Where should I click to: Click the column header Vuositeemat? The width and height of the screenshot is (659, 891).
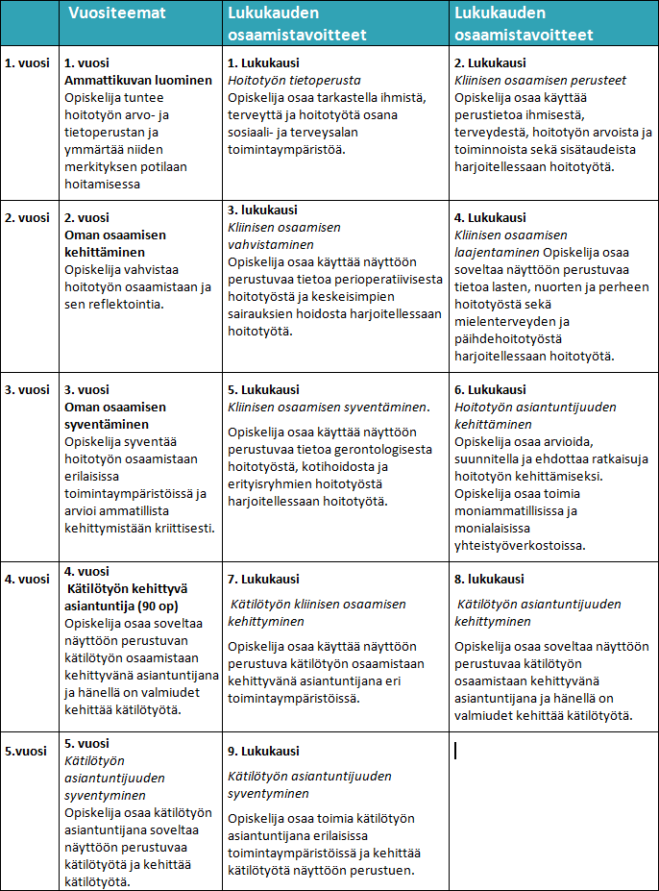point(116,14)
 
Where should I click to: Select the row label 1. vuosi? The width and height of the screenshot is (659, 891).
point(28,63)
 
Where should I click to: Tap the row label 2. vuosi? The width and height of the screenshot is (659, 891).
point(28,217)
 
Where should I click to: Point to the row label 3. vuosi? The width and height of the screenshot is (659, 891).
point(28,389)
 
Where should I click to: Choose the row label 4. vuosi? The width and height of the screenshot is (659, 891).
point(28,579)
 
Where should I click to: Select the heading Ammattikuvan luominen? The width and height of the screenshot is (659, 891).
point(138,80)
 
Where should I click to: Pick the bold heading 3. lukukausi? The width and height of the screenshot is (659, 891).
point(262,210)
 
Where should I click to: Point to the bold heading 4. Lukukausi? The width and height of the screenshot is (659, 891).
point(490,217)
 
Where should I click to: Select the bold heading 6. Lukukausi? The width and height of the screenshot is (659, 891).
point(490,389)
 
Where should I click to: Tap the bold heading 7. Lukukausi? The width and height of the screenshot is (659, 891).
point(263,579)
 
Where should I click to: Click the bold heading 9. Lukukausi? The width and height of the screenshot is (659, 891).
point(263,751)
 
